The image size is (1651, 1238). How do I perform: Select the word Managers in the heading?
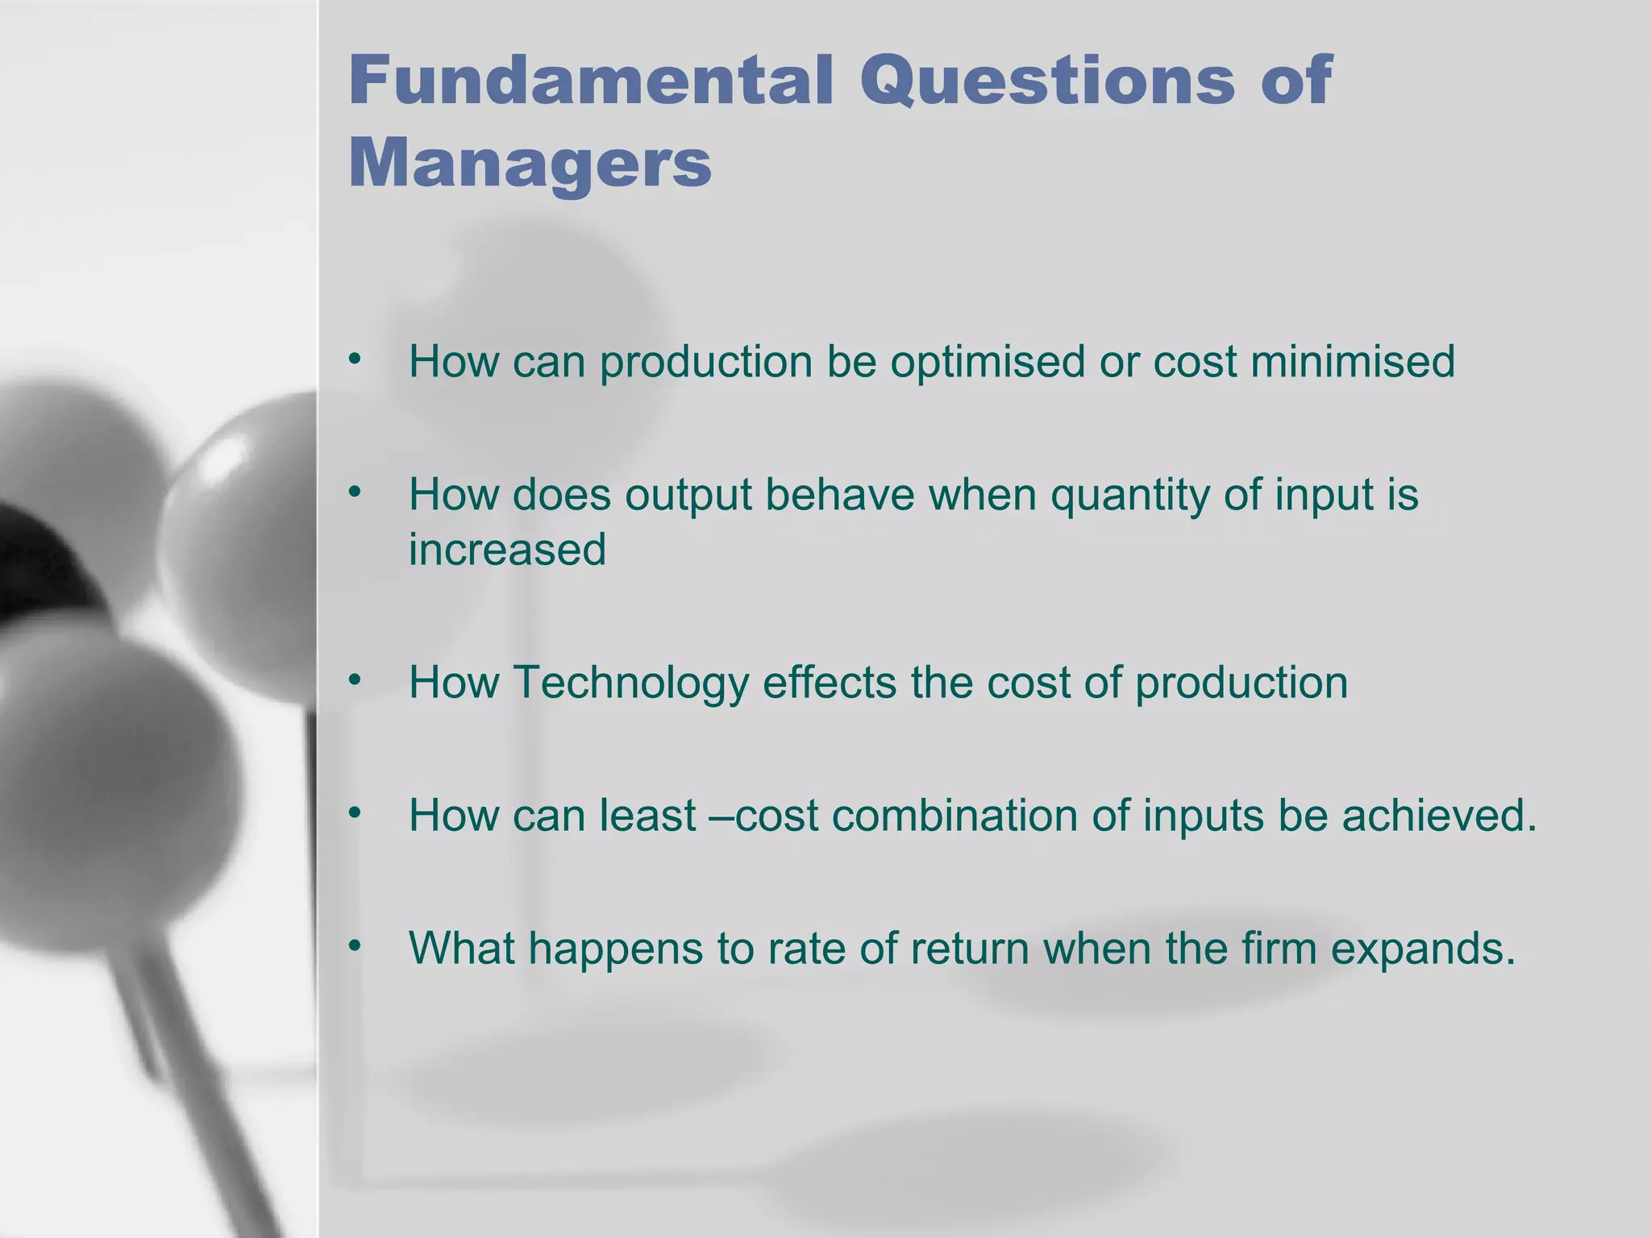pyautogui.click(x=530, y=163)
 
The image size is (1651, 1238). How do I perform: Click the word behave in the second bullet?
pyautogui.click(x=839, y=494)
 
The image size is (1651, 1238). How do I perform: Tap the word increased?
pyautogui.click(x=507, y=550)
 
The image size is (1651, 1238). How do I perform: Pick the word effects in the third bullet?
pyautogui.click(x=830, y=682)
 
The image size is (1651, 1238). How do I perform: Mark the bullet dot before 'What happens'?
pyautogui.click(x=355, y=946)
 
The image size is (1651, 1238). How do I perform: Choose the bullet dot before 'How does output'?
pyautogui.click(x=355, y=492)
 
